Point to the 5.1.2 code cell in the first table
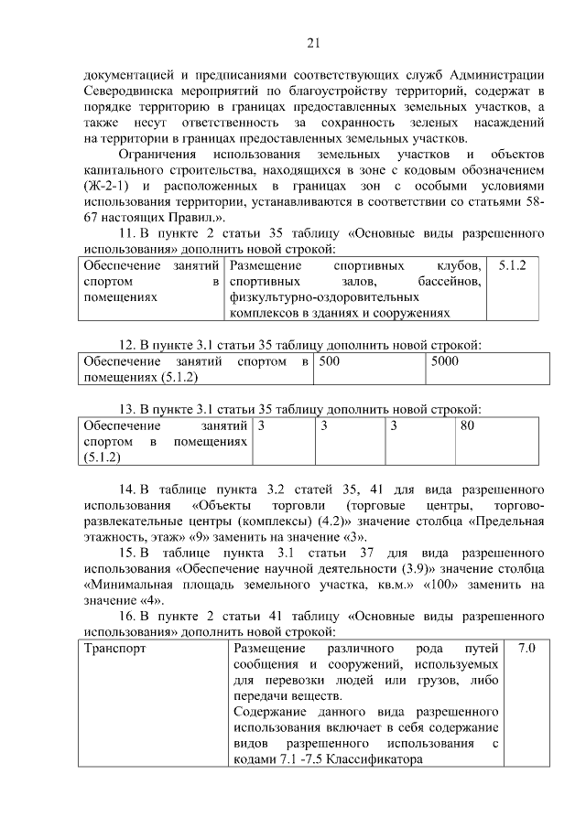point(518,264)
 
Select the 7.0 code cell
point(526,649)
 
